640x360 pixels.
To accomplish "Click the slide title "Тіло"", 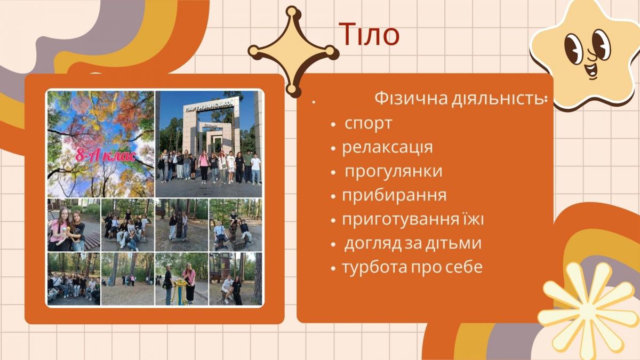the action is (369, 35).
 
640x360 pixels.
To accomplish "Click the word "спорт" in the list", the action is (368, 123).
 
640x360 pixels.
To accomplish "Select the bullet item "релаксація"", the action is (387, 147).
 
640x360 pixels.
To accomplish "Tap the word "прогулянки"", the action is (394, 171).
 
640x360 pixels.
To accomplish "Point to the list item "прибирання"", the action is (394, 195).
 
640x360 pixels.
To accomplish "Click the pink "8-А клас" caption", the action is (106, 156).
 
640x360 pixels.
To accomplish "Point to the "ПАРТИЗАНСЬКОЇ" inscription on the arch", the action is (210, 105).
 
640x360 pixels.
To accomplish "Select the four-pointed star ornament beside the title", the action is (293, 51).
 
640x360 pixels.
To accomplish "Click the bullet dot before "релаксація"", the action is (333, 149).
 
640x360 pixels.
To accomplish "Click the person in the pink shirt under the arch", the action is (204, 167).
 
